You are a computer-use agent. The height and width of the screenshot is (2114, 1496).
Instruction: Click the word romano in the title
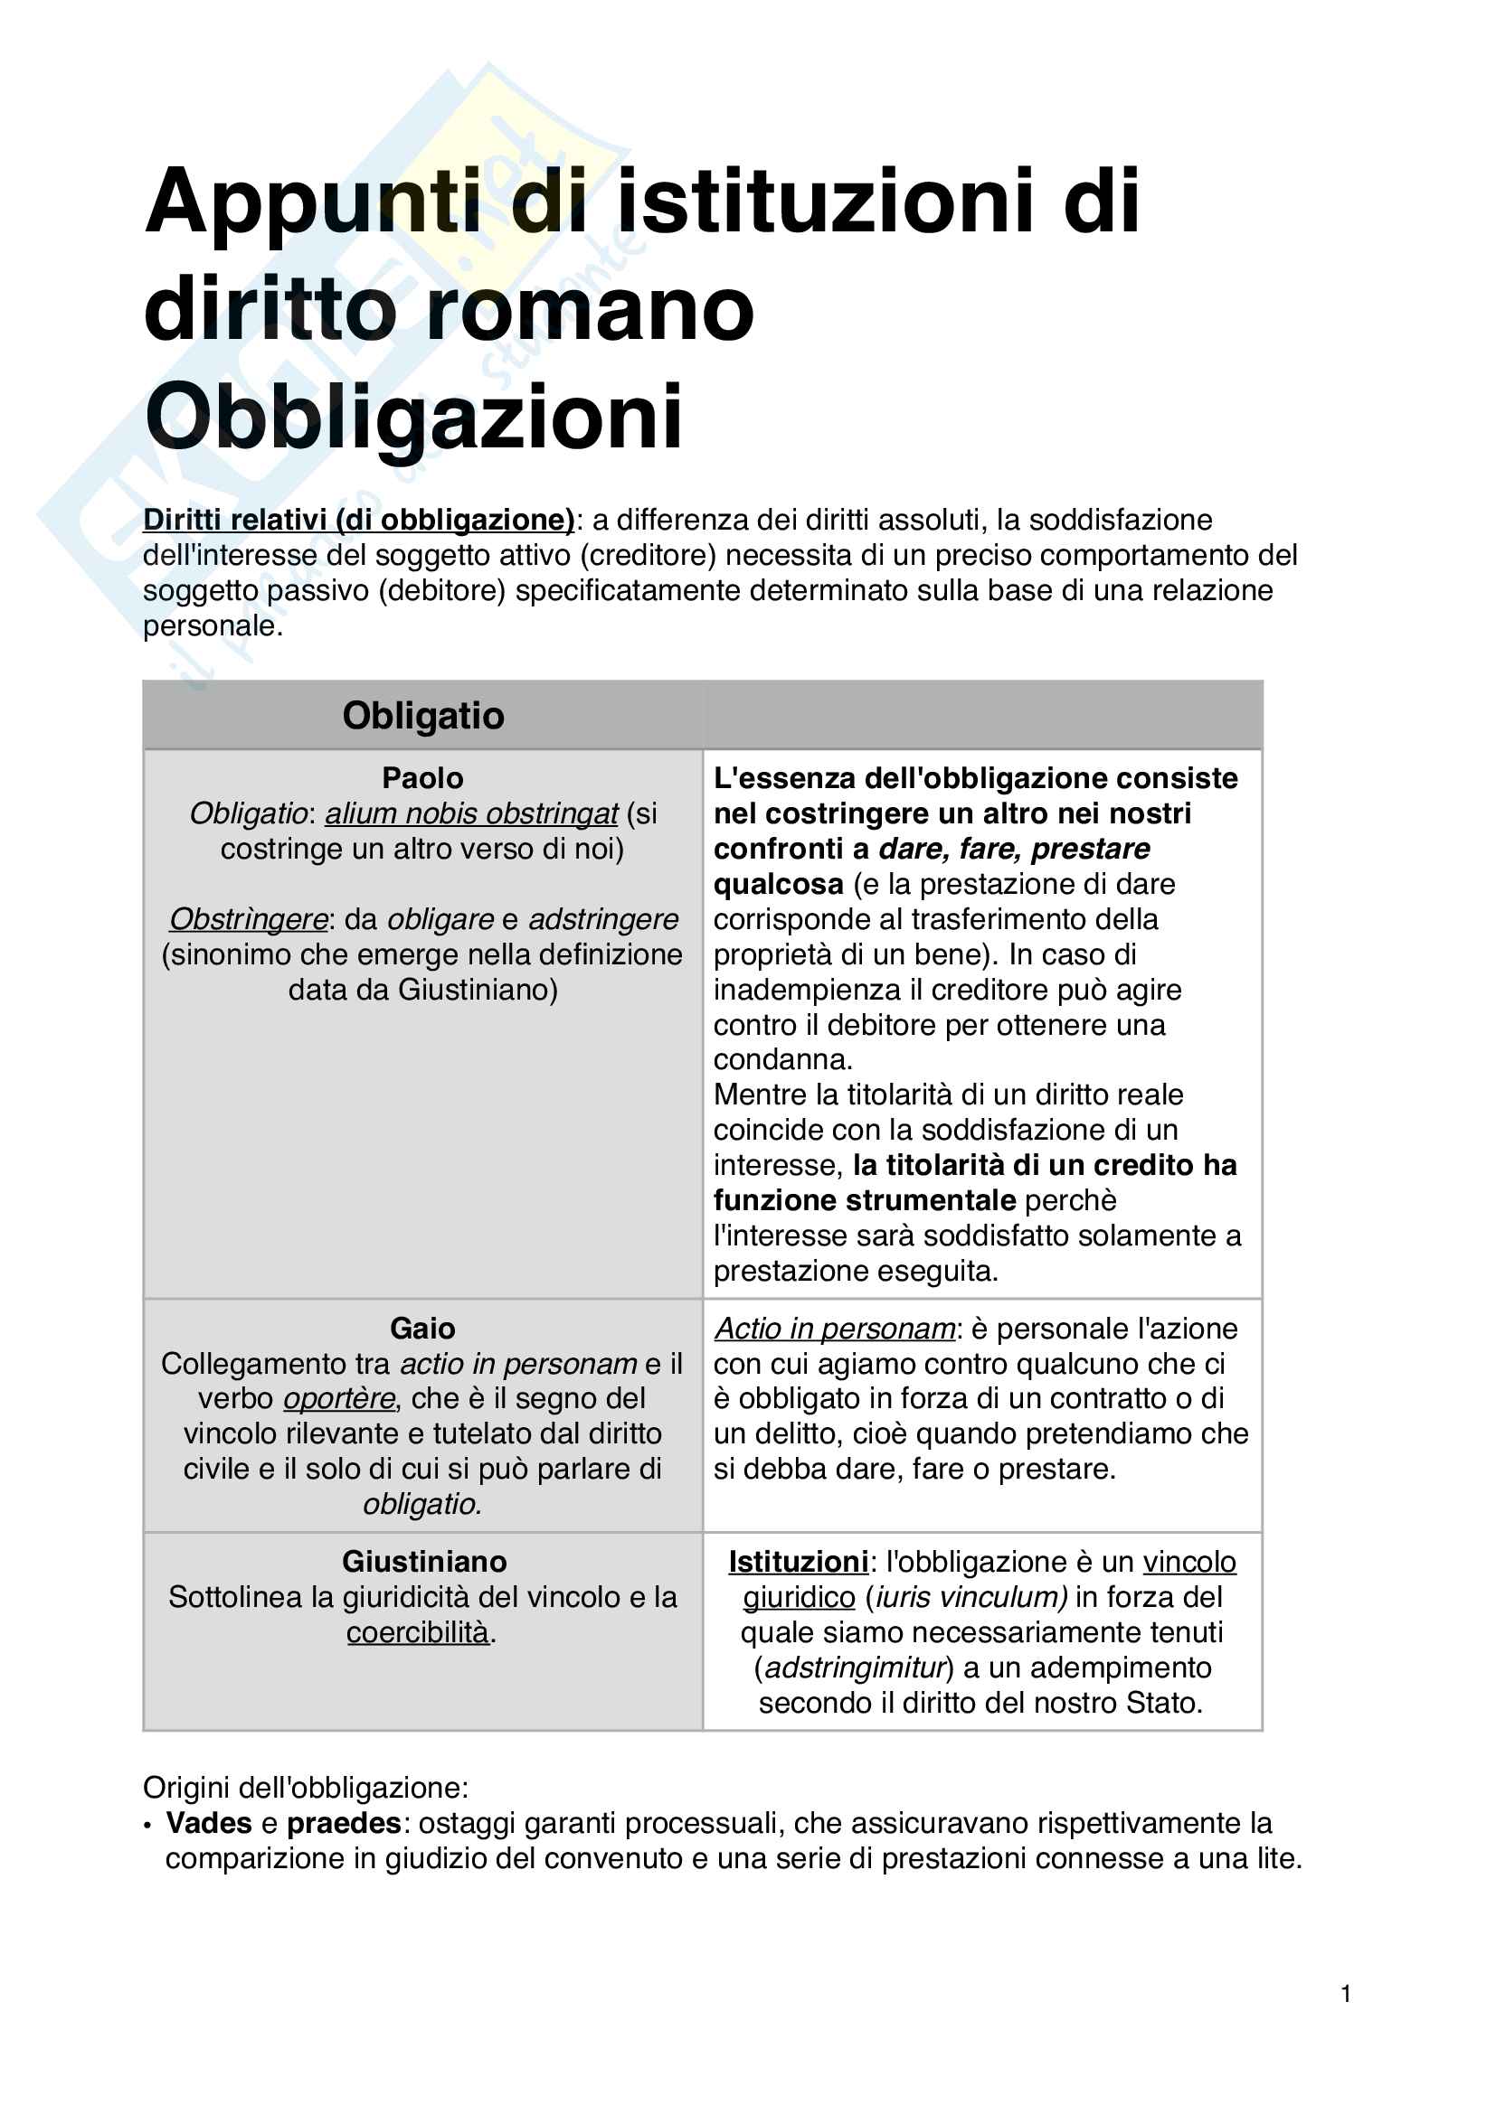tap(590, 309)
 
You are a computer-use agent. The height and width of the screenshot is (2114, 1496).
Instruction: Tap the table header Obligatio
tap(422, 716)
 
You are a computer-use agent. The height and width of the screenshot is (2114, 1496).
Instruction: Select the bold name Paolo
tap(422, 778)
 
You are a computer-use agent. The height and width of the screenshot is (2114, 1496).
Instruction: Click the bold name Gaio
tap(422, 1328)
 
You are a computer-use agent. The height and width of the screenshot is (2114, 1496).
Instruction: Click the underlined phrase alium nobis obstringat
tap(470, 814)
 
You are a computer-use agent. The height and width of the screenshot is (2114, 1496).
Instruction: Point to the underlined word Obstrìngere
tap(249, 919)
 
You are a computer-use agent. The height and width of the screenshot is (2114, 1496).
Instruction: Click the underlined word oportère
tap(339, 1397)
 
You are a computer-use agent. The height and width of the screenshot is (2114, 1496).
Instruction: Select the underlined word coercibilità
tap(417, 1631)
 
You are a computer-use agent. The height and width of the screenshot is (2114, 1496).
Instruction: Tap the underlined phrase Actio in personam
tap(835, 1328)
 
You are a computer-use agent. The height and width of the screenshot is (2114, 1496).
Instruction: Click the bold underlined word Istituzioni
tap(798, 1562)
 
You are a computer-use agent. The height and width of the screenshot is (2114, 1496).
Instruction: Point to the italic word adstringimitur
tap(855, 1668)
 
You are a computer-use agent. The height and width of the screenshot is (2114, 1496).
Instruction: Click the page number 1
tap(1346, 1994)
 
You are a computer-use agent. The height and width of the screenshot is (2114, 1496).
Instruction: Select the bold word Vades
tap(208, 1823)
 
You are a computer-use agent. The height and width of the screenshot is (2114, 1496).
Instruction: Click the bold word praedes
tap(344, 1823)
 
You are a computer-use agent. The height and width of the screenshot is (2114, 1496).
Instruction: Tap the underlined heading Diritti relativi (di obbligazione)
tap(358, 521)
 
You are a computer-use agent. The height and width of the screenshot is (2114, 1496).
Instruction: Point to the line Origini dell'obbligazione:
tap(306, 1787)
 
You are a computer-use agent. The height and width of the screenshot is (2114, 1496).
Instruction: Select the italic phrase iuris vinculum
tap(966, 1596)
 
